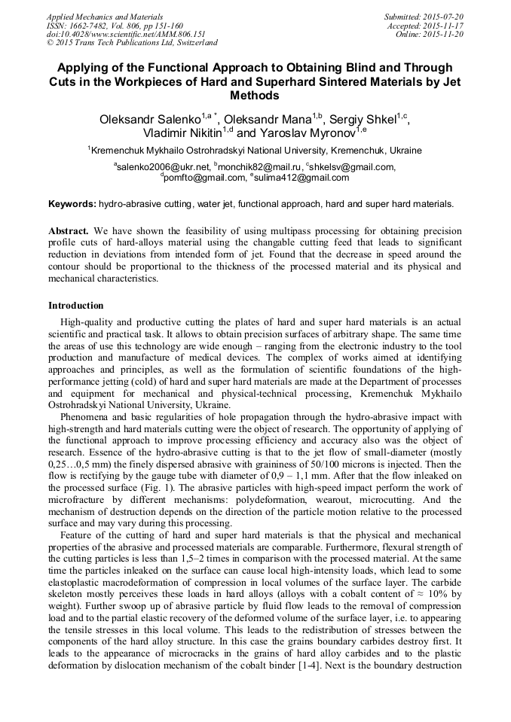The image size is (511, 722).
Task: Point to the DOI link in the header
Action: tap(126, 34)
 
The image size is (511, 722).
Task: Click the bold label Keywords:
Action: tap(72, 204)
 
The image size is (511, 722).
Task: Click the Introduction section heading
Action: tap(76, 306)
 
